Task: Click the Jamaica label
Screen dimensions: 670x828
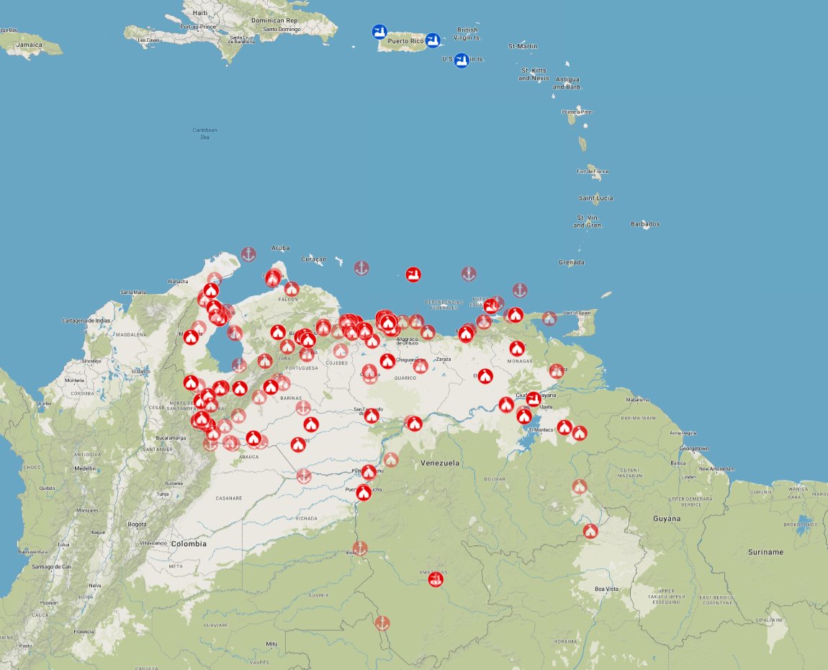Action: click(30, 45)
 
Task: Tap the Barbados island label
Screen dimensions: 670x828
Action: click(645, 224)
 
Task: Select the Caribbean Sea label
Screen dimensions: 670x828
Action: click(204, 133)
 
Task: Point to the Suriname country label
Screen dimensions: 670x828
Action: click(765, 552)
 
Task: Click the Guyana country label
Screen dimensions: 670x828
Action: click(666, 519)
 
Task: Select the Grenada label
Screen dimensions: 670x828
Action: click(571, 262)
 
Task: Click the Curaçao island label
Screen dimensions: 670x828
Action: click(313, 259)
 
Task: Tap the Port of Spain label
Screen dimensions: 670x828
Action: click(577, 312)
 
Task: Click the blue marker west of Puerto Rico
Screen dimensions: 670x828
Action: click(379, 32)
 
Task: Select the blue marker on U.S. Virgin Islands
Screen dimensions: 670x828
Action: click(462, 60)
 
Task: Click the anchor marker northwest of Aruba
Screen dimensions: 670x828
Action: click(248, 254)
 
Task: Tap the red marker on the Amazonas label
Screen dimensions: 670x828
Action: click(436, 579)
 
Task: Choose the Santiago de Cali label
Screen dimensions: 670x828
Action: click(51, 566)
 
